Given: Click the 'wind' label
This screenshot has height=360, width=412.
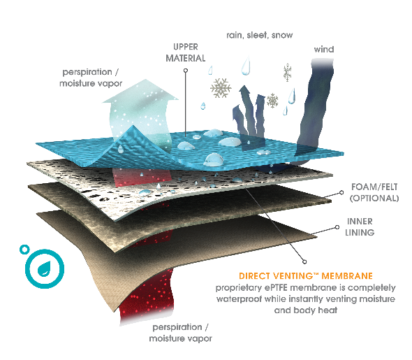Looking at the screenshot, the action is tap(324, 49).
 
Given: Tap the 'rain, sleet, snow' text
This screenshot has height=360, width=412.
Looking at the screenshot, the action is tap(260, 35).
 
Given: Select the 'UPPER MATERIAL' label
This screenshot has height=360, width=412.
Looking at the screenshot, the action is tap(186, 52).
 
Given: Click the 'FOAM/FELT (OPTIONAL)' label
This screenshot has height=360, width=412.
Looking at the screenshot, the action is tap(374, 192).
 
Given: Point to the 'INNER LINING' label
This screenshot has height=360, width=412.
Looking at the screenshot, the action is tap(360, 226).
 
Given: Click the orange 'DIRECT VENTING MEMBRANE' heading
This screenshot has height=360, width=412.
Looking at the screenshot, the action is tap(306, 276).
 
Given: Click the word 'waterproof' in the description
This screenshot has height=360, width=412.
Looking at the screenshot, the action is tap(239, 299).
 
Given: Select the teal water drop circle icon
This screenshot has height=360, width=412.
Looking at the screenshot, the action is tap(45, 268).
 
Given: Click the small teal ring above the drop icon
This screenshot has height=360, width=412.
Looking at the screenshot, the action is tap(24, 250).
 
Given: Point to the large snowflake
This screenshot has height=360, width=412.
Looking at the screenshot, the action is tap(221, 88).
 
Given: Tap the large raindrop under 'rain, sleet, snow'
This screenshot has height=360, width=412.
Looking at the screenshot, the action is tap(246, 66).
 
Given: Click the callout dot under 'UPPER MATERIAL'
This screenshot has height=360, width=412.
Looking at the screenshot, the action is tap(186, 70).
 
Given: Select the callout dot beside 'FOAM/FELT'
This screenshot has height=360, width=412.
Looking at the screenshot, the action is tap(341, 192).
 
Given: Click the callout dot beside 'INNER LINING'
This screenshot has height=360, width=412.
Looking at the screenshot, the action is tap(337, 227).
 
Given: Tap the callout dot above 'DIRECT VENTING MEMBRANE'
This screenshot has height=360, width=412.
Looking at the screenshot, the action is tap(304, 261).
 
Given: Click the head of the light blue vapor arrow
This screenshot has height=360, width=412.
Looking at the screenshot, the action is tap(141, 92).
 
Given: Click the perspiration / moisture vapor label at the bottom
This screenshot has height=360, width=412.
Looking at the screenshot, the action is tap(181, 333).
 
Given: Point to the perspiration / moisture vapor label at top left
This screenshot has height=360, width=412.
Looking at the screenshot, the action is tap(91, 78).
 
